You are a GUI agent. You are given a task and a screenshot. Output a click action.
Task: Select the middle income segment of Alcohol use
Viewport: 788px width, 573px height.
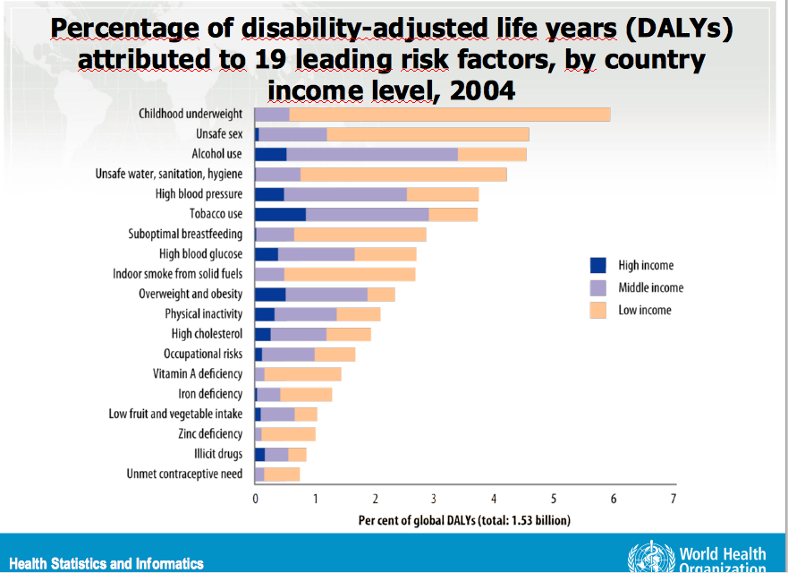372,154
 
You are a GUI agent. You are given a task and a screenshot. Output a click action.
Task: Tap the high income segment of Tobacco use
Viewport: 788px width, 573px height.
280,214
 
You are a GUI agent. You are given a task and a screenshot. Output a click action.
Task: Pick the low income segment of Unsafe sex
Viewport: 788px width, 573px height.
428,134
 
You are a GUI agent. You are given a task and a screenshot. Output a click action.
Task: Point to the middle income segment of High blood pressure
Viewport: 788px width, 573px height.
345,194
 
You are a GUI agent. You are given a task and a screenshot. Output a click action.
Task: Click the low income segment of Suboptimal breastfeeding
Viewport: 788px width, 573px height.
360,234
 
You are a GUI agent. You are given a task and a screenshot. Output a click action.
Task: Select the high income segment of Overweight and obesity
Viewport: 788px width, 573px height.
270,294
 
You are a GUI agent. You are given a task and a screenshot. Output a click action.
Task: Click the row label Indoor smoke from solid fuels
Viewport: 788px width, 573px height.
177,274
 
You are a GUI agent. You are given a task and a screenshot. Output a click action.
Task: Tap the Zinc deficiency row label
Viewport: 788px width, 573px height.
210,433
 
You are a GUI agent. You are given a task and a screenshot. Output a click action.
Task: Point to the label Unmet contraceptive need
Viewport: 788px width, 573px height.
184,474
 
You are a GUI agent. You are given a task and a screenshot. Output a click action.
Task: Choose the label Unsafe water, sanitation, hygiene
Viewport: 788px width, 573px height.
169,174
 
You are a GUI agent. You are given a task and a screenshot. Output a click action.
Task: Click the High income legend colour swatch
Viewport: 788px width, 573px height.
598,265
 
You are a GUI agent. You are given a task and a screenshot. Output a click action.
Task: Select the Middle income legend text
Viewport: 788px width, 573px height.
650,287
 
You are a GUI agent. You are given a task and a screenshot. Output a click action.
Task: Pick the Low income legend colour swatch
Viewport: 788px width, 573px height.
598,310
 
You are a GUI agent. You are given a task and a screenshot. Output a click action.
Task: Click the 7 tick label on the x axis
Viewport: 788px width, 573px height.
674,499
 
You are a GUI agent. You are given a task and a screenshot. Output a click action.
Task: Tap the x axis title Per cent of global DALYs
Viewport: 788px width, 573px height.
463,519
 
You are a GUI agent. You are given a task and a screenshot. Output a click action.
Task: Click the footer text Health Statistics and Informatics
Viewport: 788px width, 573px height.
106,563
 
